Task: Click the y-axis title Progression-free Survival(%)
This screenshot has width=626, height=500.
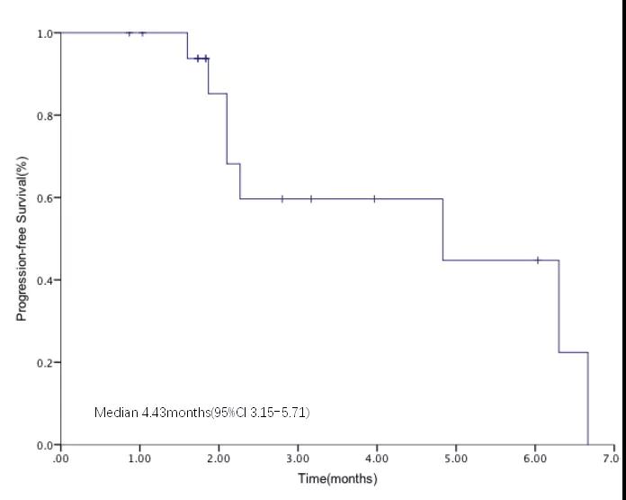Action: point(21,238)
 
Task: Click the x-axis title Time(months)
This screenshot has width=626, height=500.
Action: point(337,478)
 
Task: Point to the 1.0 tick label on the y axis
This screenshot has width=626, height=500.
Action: point(43,33)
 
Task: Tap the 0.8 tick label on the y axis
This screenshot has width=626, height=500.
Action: point(43,115)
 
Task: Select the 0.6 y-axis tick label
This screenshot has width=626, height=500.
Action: point(43,198)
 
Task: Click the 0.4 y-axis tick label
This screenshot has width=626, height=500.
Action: point(43,280)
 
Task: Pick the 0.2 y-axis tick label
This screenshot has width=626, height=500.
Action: point(43,363)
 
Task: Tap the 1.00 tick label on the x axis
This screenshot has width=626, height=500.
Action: point(139,459)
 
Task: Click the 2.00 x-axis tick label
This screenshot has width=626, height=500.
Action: point(219,459)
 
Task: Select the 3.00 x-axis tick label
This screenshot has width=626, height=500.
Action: point(298,459)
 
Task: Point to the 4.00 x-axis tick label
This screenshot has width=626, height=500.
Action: point(377,459)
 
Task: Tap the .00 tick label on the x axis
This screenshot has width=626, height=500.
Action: point(61,459)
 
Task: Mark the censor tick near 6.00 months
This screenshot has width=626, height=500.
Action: point(538,260)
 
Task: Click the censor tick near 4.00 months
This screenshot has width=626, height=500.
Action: point(374,198)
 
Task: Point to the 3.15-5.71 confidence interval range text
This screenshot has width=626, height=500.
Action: point(281,413)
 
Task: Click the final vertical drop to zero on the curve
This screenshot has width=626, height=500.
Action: point(587,401)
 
